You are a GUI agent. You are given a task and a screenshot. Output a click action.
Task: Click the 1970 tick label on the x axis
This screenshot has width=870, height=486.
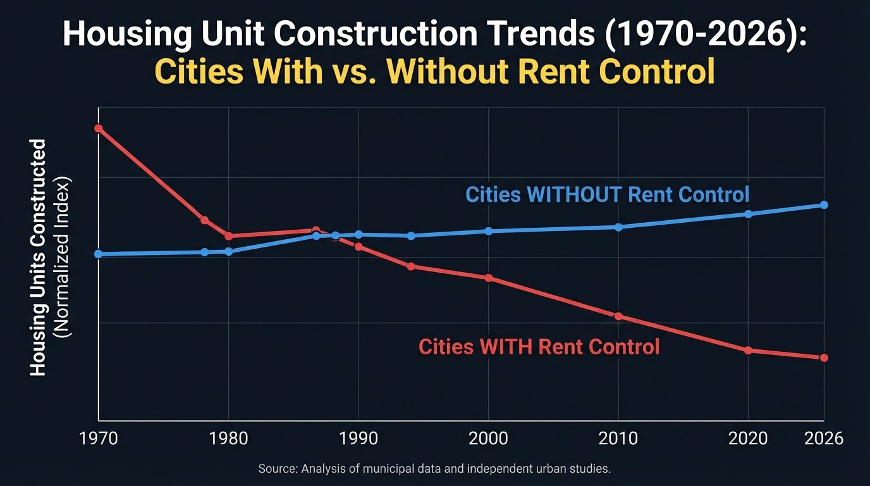pyautogui.click(x=99, y=439)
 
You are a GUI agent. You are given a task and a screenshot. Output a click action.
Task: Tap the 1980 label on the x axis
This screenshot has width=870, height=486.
pyautogui.click(x=229, y=439)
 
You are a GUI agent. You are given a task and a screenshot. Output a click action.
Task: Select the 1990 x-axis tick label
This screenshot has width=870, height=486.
pyautogui.click(x=358, y=439)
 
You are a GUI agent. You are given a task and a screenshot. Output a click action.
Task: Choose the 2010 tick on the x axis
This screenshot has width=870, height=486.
pyautogui.click(x=618, y=439)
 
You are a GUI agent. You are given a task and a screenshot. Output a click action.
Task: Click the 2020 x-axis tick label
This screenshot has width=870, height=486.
pyautogui.click(x=748, y=439)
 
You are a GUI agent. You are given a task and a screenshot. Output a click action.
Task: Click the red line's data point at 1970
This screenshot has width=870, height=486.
pyautogui.click(x=99, y=128)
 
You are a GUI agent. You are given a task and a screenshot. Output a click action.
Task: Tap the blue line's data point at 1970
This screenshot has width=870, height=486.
pyautogui.click(x=99, y=254)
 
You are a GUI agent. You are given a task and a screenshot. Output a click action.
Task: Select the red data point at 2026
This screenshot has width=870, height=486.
pyautogui.click(x=824, y=358)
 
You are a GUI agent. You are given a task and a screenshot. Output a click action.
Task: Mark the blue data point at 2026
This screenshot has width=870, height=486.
pyautogui.click(x=824, y=205)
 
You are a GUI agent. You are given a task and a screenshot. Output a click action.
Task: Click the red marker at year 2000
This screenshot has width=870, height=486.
pyautogui.click(x=488, y=278)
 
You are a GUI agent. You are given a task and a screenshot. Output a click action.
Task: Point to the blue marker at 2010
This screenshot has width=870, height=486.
pyautogui.click(x=618, y=227)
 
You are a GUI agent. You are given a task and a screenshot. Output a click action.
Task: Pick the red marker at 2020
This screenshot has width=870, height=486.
pyautogui.click(x=748, y=350)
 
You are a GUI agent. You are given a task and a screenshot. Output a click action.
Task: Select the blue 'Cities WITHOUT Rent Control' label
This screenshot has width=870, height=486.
pyautogui.click(x=607, y=194)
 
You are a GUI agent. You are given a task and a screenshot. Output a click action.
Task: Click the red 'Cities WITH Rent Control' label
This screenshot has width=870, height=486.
pyautogui.click(x=539, y=347)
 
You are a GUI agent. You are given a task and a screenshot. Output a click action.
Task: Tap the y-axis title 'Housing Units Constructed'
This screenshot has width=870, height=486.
pyautogui.click(x=39, y=258)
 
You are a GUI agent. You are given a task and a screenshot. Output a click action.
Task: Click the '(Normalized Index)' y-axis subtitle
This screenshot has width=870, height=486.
pyautogui.click(x=64, y=258)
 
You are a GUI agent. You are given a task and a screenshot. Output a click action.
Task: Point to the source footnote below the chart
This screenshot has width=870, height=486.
pyautogui.click(x=434, y=469)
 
